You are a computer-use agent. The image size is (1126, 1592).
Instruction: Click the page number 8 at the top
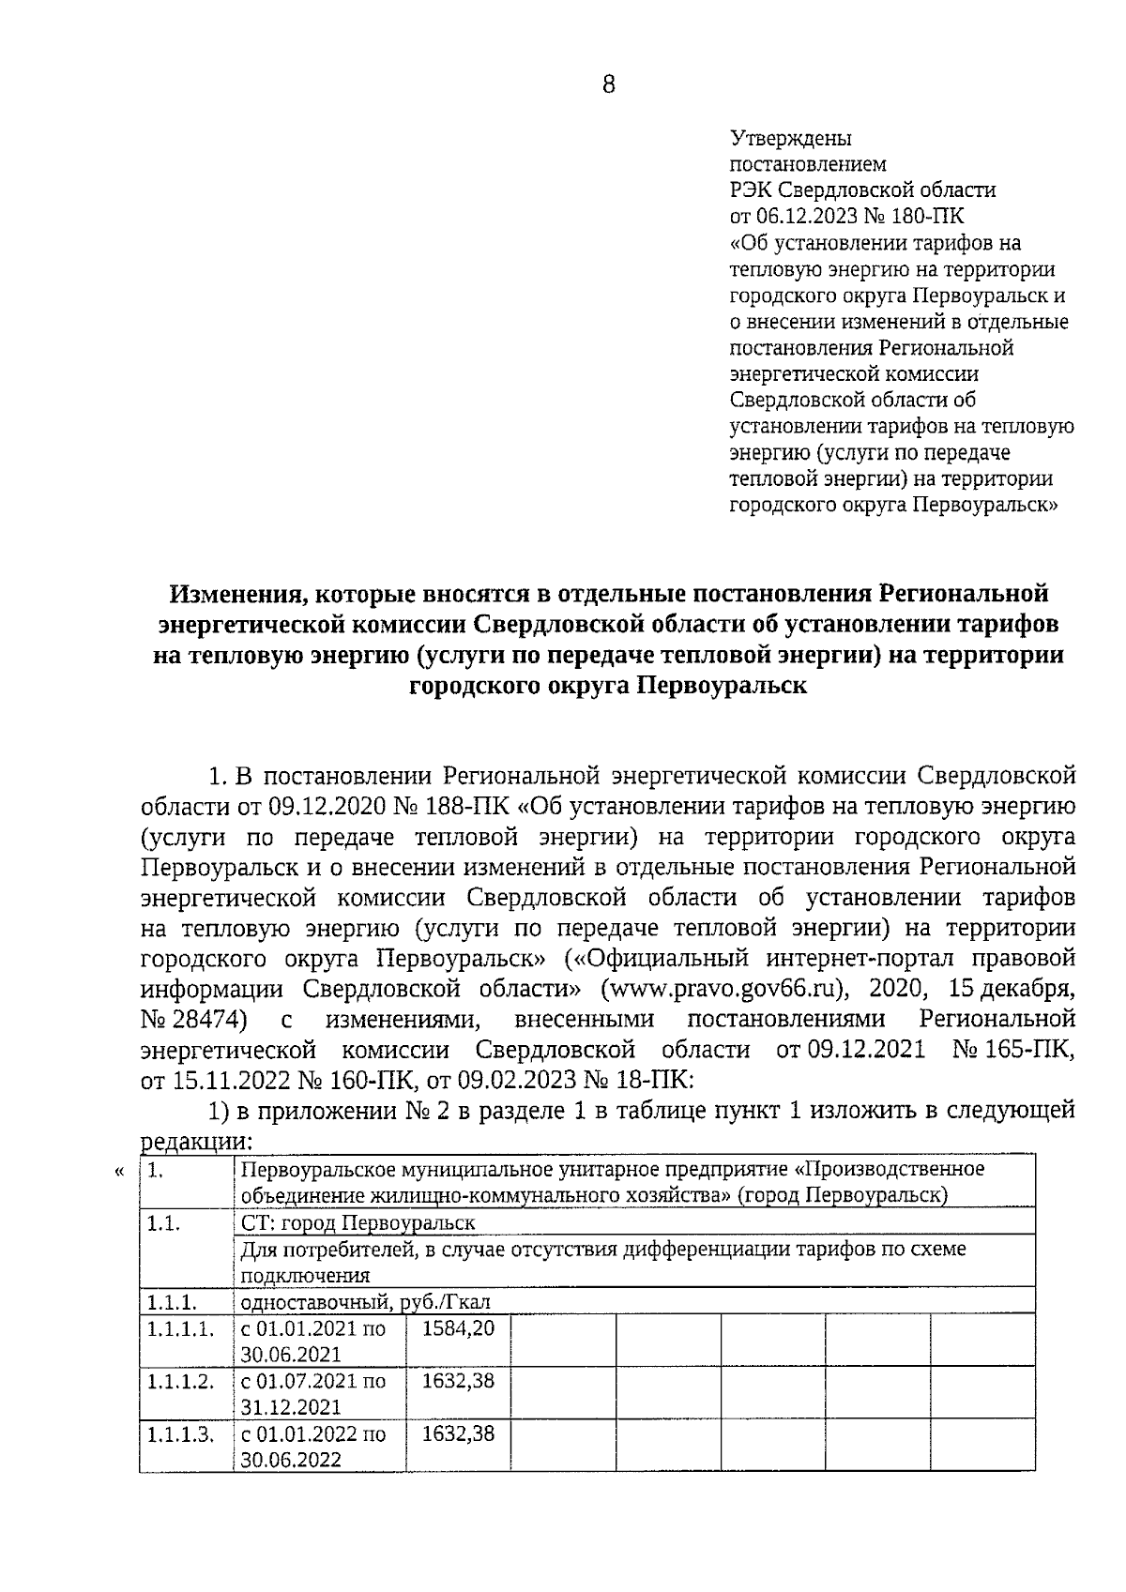pyautogui.click(x=608, y=85)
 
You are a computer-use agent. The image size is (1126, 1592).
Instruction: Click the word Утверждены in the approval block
pyautogui.click(x=791, y=139)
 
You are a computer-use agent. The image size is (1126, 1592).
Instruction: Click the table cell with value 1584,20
pyautogui.click(x=458, y=1329)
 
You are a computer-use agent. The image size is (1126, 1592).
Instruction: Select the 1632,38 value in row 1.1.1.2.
pyautogui.click(x=458, y=1382)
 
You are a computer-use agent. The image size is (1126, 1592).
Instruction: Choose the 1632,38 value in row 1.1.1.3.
pyautogui.click(x=458, y=1434)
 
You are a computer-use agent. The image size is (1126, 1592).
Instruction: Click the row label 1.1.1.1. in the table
pyautogui.click(x=179, y=1329)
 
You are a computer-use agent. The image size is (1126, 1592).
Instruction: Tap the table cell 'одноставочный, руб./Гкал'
pyautogui.click(x=365, y=1302)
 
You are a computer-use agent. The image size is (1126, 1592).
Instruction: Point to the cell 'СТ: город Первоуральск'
pyautogui.click(x=358, y=1223)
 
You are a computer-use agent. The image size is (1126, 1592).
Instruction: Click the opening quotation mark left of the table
pyautogui.click(x=119, y=1171)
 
